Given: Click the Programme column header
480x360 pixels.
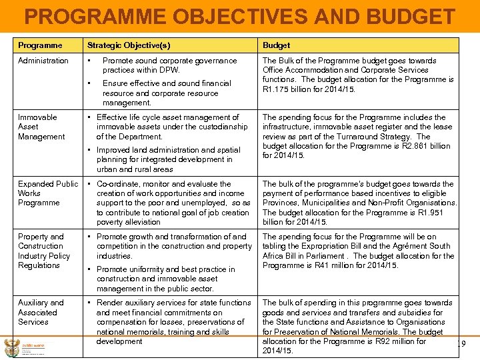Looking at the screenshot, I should click(40, 45).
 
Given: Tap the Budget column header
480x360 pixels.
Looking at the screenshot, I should click(276, 45).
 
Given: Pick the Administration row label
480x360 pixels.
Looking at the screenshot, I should click(43, 61).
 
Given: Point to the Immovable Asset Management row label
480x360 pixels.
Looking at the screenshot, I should click(41, 127).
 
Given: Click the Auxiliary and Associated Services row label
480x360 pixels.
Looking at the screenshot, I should click(41, 312).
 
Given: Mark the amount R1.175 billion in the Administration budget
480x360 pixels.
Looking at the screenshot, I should click(288, 89).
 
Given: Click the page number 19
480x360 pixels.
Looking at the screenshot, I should click(459, 345).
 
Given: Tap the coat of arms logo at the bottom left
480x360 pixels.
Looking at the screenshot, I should click(11, 347).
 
